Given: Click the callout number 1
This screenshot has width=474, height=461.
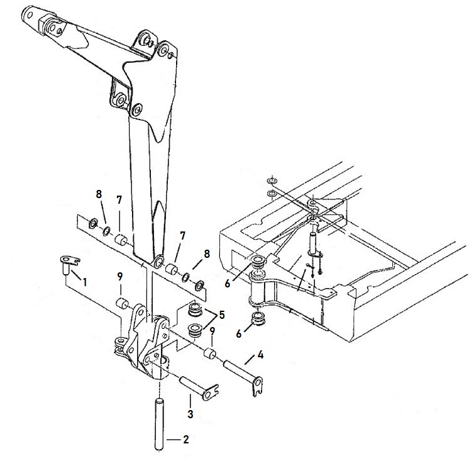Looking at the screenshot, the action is tap(85, 282).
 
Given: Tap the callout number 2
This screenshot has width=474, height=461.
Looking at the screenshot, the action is tap(186, 439).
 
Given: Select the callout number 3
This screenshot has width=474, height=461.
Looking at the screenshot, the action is tap(190, 414).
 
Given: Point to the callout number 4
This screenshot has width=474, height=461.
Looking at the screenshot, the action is tap(260, 355).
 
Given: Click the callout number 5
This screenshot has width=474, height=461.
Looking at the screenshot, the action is tap(222, 314).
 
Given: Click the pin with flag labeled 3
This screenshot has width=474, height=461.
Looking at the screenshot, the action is tap(199, 389).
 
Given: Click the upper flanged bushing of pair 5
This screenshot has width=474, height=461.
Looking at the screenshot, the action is tap(195, 309).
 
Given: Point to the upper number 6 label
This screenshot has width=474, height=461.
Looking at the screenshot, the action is tap(228, 284).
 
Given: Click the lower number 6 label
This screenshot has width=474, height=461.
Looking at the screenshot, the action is tap(239, 334).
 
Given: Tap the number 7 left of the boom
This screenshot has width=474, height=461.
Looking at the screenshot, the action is tap(119, 200).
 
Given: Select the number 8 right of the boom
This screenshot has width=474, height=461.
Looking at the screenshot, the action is tap(207, 254).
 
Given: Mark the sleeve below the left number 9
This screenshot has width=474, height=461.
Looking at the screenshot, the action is tap(123, 303).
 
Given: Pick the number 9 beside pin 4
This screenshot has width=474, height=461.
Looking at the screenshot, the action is tap(212, 331).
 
